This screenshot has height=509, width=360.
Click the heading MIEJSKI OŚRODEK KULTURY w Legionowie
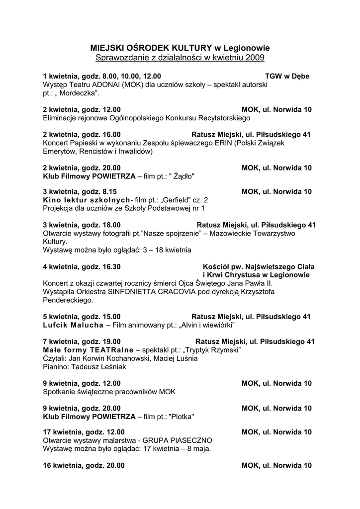[180, 48]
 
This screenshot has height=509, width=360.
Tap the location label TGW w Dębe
[287, 77]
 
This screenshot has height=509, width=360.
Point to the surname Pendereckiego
[68, 300]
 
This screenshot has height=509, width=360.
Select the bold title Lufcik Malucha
[73, 325]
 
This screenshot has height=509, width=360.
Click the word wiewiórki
[214, 325]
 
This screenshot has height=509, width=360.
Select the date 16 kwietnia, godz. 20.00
[84, 466]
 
